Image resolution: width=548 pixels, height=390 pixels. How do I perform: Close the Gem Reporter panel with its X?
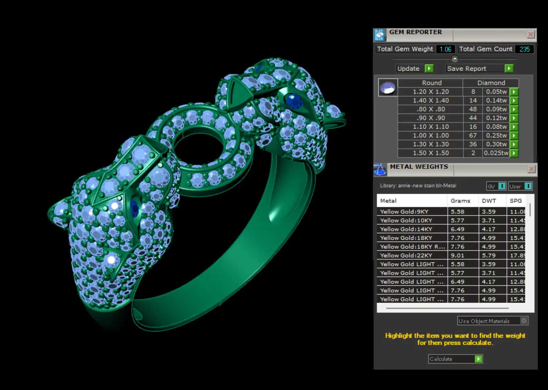tap(531, 35)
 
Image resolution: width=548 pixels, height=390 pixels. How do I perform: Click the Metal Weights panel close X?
tap(532, 169)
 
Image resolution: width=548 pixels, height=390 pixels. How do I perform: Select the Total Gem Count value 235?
tap(525, 49)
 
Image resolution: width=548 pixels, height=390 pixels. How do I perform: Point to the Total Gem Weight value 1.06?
tap(445, 49)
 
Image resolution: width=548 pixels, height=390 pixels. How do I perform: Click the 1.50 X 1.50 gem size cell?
tap(431, 153)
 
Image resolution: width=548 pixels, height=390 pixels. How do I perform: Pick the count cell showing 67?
tap(473, 136)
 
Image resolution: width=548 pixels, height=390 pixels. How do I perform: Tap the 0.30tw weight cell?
tap(496, 144)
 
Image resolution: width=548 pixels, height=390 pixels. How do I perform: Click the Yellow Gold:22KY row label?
tap(406, 255)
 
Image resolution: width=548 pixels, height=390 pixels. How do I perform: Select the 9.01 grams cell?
tap(458, 255)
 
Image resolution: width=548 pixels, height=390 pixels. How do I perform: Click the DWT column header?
tap(489, 201)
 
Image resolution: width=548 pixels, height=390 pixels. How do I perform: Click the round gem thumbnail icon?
tap(388, 88)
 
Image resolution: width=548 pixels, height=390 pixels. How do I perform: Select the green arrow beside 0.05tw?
tap(514, 92)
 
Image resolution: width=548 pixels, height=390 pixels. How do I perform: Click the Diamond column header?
tap(491, 83)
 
